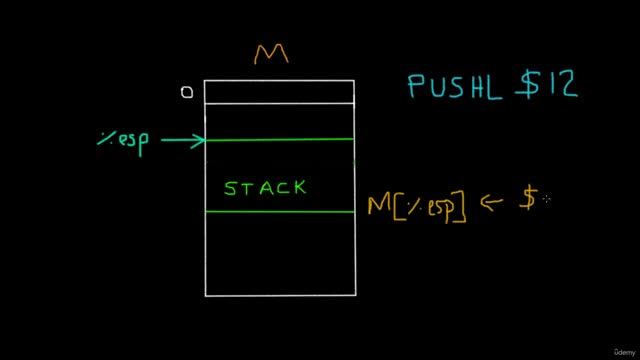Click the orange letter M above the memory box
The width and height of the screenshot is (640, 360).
[x=271, y=54]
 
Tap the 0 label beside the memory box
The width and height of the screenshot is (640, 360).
[x=186, y=93]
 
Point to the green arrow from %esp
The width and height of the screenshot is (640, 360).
[x=182, y=141]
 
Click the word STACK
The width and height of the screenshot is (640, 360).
[x=265, y=188]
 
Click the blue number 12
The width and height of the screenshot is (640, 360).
[x=562, y=85]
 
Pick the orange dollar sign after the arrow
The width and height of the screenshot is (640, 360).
[x=528, y=200]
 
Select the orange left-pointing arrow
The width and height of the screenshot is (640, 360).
[x=492, y=202]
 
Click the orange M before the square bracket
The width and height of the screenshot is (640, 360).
[x=380, y=206]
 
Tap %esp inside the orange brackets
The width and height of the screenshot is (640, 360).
[x=430, y=208]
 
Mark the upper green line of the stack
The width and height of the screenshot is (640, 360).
[x=279, y=139]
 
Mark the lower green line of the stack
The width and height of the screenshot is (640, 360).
[x=279, y=212]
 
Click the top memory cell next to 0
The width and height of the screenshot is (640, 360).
[x=279, y=92]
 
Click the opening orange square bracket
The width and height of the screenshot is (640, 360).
[x=398, y=208]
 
